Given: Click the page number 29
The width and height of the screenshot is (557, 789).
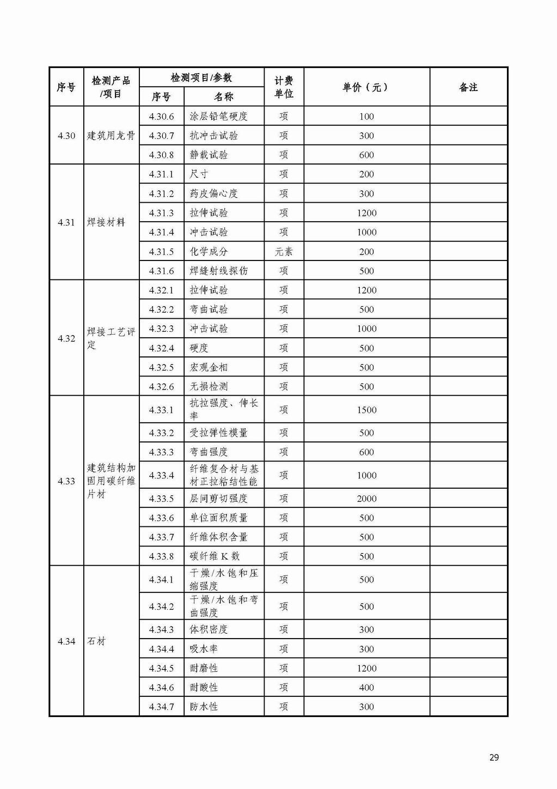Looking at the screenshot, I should [x=494, y=757].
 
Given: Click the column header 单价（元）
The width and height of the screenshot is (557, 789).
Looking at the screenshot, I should [x=366, y=87].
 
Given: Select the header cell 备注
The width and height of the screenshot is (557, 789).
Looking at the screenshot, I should [x=468, y=87].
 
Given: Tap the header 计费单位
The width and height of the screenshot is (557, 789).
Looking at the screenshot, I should [x=284, y=87].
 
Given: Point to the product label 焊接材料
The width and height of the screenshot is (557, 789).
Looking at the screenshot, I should [x=106, y=222].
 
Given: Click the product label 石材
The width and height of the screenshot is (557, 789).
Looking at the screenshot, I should [x=96, y=641].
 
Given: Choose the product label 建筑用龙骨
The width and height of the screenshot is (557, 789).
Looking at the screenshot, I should [x=111, y=136].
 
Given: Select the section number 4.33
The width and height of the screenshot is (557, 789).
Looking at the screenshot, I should [x=66, y=481].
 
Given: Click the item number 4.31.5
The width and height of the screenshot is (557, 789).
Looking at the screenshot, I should [x=161, y=252].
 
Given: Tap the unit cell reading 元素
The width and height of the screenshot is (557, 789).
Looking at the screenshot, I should [x=284, y=252].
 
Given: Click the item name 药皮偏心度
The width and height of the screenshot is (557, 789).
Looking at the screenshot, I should [x=213, y=193].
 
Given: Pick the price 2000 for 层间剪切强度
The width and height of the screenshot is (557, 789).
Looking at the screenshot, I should [x=366, y=499].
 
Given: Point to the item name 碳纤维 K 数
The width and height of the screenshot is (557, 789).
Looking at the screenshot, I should [x=215, y=556].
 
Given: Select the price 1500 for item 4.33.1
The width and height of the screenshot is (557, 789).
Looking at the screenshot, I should [x=366, y=410].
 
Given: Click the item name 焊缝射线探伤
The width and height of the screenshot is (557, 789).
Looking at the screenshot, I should [x=218, y=271].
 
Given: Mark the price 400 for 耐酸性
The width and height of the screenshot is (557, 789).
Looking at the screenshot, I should [x=366, y=688].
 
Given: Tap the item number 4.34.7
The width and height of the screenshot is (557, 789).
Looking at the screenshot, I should [x=161, y=707].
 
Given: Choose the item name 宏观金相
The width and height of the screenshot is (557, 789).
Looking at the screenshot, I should [x=209, y=367].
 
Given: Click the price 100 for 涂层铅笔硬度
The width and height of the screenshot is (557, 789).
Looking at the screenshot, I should [x=366, y=116].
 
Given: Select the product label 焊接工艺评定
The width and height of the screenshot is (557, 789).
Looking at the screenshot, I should [x=111, y=338].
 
